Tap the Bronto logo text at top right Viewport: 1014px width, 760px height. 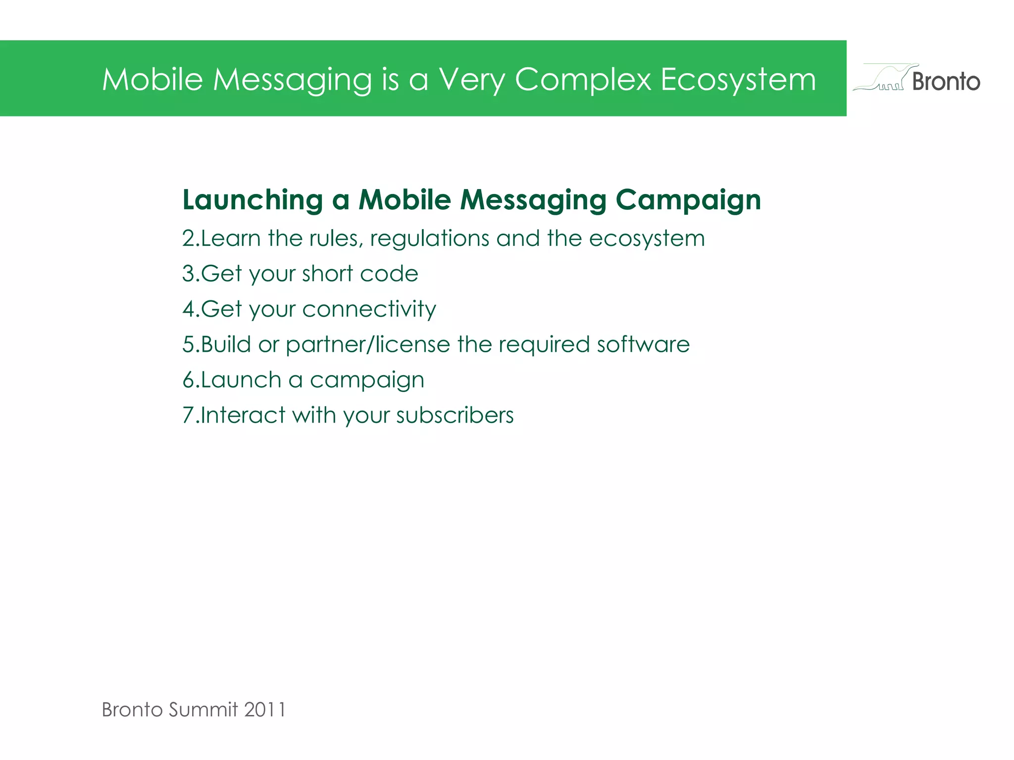click(946, 82)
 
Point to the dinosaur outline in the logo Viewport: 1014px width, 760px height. click(884, 78)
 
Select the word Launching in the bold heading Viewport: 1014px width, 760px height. click(253, 200)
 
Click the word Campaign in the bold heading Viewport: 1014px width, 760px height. click(688, 200)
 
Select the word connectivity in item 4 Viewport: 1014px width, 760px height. click(369, 309)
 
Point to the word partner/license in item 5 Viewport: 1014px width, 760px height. click(368, 344)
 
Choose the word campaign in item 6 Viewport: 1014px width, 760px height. click(367, 380)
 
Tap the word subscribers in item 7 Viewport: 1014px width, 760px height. click(455, 415)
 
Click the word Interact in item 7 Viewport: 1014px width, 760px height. click(242, 415)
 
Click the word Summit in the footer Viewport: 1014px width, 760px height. click(203, 710)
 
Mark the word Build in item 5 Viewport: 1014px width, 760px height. click(225, 344)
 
